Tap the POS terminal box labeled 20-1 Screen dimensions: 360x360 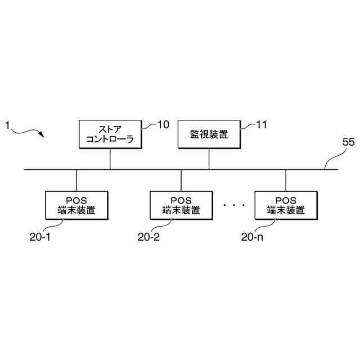point(76,205)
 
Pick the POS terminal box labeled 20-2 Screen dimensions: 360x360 point(181,205)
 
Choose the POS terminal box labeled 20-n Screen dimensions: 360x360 point(285,205)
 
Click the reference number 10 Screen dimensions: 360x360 point(163,125)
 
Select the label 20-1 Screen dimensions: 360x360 point(40,237)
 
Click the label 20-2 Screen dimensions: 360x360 point(148,237)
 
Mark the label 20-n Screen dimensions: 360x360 point(252,237)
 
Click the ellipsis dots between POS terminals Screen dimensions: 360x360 point(233,206)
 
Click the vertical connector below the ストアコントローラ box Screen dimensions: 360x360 point(110,159)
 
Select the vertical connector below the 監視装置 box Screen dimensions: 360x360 point(209,159)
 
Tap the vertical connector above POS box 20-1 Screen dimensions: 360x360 point(76,180)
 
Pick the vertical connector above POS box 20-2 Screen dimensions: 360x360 point(181,180)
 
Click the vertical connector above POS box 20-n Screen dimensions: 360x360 point(285,180)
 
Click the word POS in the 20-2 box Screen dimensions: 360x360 point(181,200)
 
